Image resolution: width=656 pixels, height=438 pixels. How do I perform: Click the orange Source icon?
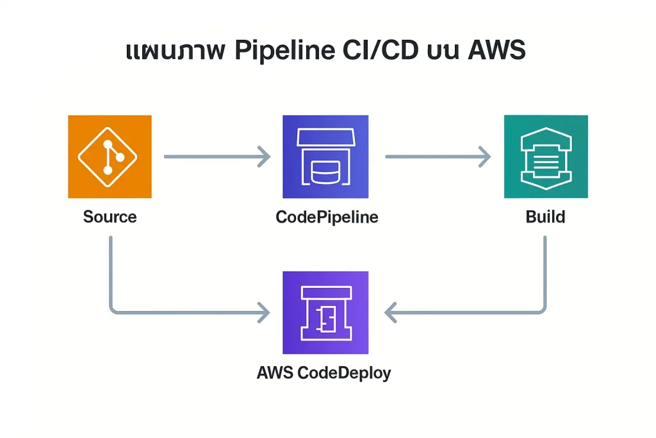110,156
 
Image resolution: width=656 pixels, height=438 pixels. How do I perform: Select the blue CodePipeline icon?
325,156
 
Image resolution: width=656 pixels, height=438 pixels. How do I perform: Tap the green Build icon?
545,156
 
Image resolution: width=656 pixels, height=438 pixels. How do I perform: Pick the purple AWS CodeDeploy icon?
325,312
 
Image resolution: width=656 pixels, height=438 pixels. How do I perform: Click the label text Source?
110,217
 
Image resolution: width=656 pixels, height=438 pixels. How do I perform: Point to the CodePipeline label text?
327,217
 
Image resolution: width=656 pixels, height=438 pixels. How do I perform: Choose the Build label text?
545,217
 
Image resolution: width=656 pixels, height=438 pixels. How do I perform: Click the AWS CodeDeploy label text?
324,373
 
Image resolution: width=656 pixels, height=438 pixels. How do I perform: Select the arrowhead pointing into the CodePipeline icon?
263,156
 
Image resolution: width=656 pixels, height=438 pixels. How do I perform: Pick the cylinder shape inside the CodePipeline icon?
325,170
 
